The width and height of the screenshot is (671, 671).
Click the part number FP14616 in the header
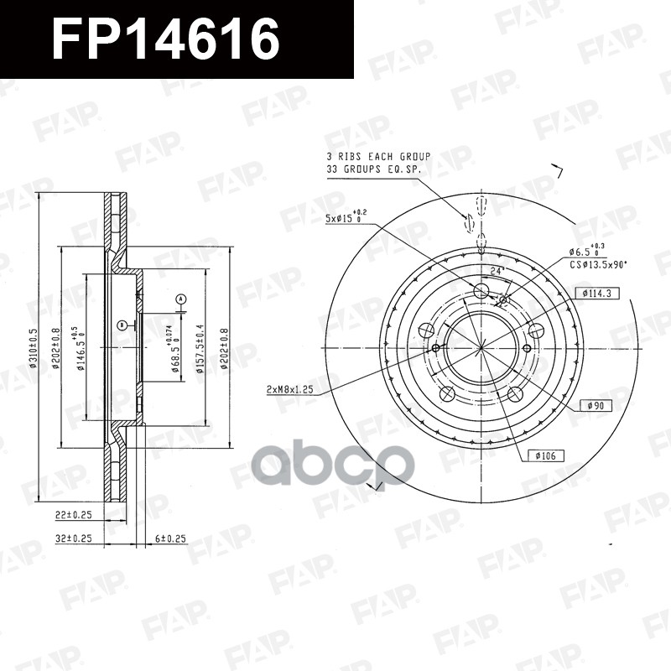pos(165,39)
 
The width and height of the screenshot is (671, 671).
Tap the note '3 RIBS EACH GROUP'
pos(378,157)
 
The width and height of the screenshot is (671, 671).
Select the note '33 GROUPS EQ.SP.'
pos(373,169)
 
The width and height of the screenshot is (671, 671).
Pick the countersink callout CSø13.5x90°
pos(598,264)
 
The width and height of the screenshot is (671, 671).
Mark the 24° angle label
pos(495,271)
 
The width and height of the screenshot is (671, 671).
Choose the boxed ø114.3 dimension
pos(597,293)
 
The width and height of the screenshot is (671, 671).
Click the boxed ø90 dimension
pos(596,406)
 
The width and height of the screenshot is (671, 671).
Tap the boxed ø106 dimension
pos(545,455)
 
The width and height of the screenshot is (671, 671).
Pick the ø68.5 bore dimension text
pos(174,355)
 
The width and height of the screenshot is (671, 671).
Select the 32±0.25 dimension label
pos(73,538)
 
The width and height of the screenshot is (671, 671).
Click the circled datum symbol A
pos(180,299)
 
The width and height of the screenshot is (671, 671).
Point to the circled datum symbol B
pos(122,324)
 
